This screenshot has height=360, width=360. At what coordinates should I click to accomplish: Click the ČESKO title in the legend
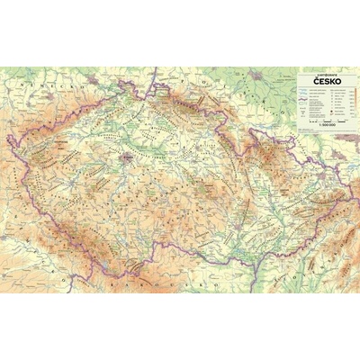point(326,80)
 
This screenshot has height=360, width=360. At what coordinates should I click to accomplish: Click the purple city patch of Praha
point(129,159)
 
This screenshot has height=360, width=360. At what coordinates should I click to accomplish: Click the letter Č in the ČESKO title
point(315,80)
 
